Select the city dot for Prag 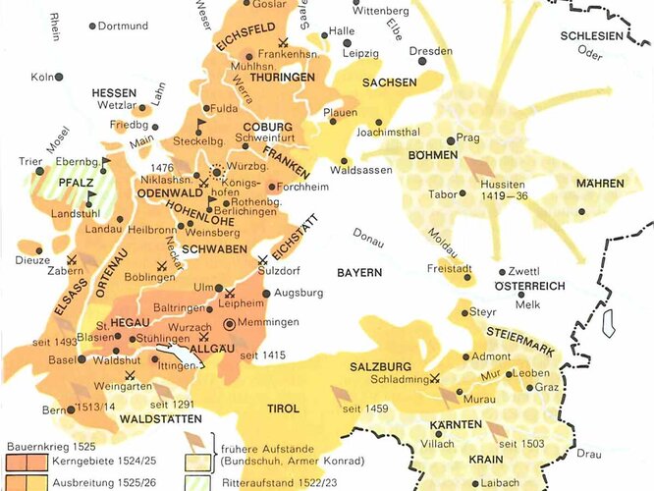coord(449,140)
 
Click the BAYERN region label coord(359,271)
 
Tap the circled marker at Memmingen coord(229,322)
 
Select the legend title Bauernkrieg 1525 coord(50,445)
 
